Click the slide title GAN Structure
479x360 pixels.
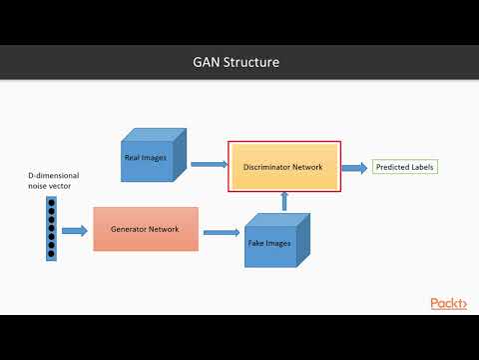(x=236, y=62)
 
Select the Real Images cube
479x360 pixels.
(x=150, y=159)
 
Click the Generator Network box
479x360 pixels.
(x=145, y=229)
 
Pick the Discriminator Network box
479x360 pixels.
(x=284, y=167)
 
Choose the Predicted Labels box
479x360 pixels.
(x=405, y=167)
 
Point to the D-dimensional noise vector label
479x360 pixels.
(x=52, y=181)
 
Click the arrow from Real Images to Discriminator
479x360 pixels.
(x=208, y=163)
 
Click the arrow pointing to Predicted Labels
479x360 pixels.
(x=354, y=167)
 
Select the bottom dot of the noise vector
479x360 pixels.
(x=51, y=253)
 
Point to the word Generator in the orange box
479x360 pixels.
(x=129, y=229)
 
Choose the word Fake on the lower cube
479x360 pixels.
(x=257, y=243)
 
